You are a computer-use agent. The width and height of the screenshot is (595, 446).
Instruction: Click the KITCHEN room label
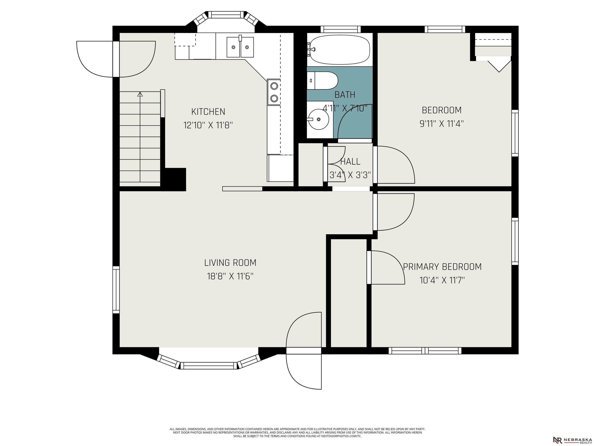[x=208, y=111]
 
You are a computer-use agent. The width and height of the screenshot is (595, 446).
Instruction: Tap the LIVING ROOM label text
[x=230, y=263]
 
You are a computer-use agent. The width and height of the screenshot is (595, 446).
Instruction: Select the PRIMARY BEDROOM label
[x=442, y=267]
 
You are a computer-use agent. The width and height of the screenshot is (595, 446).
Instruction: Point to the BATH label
[x=345, y=95]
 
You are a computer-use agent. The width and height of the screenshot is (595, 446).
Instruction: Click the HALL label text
[x=350, y=162]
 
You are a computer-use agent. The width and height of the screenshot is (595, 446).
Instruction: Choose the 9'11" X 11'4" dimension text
[x=442, y=124]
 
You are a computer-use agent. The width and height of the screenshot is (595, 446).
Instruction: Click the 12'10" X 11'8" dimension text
[x=208, y=125]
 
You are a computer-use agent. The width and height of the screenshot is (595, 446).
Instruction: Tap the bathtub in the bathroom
[x=340, y=50]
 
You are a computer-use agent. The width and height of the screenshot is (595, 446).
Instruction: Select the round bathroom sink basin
[x=319, y=119]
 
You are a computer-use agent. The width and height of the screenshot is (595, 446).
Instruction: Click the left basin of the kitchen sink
[x=233, y=47]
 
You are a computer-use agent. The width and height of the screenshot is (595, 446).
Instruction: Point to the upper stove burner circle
[x=274, y=86]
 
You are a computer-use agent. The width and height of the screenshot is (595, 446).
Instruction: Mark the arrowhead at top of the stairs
[x=140, y=94]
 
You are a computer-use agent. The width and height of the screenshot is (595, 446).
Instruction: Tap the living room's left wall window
[x=116, y=290]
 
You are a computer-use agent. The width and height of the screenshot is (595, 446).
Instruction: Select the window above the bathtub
[x=340, y=29]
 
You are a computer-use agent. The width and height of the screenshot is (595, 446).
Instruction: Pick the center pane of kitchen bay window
[x=226, y=15]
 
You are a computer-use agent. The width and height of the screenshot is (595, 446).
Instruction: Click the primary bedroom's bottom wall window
[x=425, y=351]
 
